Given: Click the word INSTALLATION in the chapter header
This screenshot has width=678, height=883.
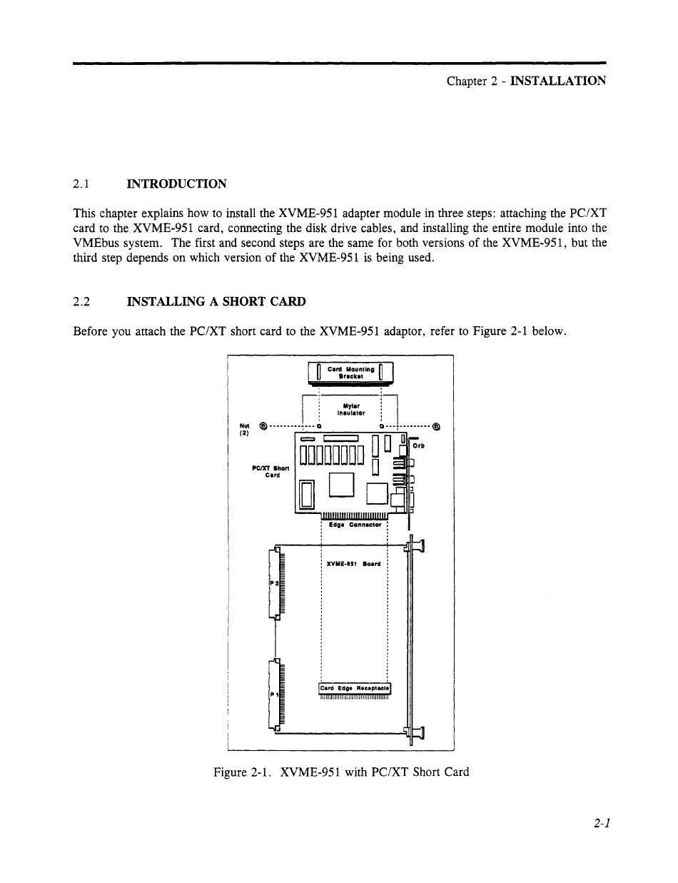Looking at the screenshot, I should pyautogui.click(x=558, y=81).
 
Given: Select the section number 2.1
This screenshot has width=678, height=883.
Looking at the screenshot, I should pyautogui.click(x=81, y=184).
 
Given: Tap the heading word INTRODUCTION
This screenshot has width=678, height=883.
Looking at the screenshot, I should pyautogui.click(x=176, y=184).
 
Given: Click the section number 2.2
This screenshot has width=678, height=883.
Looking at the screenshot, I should pyautogui.click(x=81, y=301).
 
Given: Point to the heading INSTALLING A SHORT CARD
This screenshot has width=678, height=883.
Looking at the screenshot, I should pyautogui.click(x=216, y=301).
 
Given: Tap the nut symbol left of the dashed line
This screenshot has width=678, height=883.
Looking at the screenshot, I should pyautogui.click(x=263, y=427).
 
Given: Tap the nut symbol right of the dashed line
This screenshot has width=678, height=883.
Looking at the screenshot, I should pyautogui.click(x=437, y=427).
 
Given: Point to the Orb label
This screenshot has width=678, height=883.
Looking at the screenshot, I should pyautogui.click(x=420, y=446).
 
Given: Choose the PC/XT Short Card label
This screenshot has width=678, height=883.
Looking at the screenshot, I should pyautogui.click(x=271, y=472).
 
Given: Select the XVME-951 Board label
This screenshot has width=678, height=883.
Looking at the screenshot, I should pyautogui.click(x=353, y=564).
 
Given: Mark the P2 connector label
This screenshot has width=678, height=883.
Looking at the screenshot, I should pyautogui.click(x=273, y=584).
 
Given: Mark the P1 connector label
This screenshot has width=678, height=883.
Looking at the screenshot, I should pyautogui.click(x=273, y=693).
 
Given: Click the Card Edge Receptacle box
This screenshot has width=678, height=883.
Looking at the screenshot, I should pyautogui.click(x=354, y=688).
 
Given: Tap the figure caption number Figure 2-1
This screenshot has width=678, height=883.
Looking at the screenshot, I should pyautogui.click(x=242, y=772).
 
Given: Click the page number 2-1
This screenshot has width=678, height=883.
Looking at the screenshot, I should pyautogui.click(x=601, y=823).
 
